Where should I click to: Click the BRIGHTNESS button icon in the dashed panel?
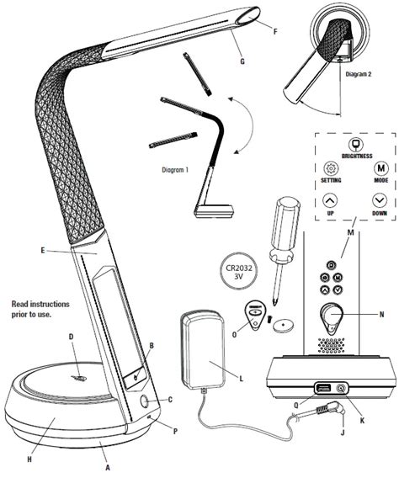[344, 144]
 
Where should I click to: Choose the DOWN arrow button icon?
[380, 201]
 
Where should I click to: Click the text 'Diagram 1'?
[174, 169]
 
